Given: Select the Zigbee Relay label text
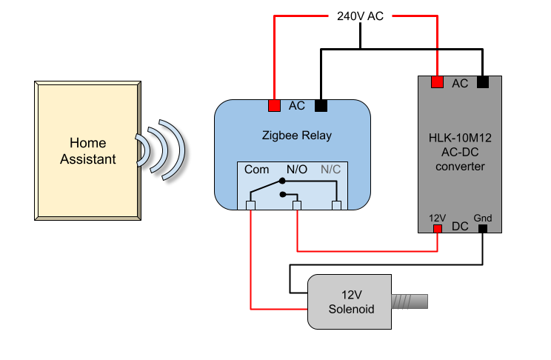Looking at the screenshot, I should tap(297, 136).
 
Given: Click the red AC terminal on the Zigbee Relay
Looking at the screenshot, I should tap(274, 106).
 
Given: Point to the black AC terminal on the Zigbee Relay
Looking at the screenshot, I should tap(321, 106).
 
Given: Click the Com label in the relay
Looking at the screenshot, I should tap(257, 170).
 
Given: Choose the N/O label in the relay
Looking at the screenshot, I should tap(296, 170).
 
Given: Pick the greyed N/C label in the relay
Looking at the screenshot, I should tap(330, 170).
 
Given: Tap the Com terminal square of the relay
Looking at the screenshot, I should tap(251, 205).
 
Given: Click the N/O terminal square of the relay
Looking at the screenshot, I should tap(297, 205).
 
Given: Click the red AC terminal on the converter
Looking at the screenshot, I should tap(437, 81).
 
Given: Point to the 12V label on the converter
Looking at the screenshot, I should tap(437, 218).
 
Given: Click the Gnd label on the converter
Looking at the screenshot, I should tap(483, 218).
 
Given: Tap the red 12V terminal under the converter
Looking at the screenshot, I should tap(437, 227).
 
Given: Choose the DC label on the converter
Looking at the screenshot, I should tap(460, 226).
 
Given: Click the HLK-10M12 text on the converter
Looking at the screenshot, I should tap(460, 138).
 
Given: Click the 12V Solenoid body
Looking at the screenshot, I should tap(349, 301).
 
